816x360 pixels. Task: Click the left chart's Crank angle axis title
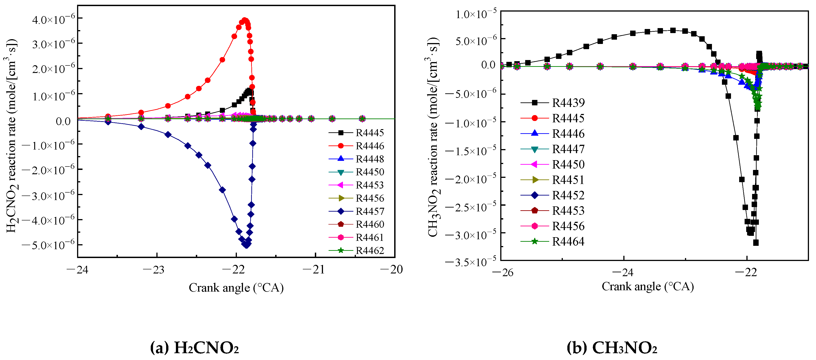pyautogui.click(x=236, y=288)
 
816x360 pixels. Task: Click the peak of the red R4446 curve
pyautogui.click(x=244, y=20)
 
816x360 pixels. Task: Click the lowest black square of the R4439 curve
pyautogui.click(x=756, y=243)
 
